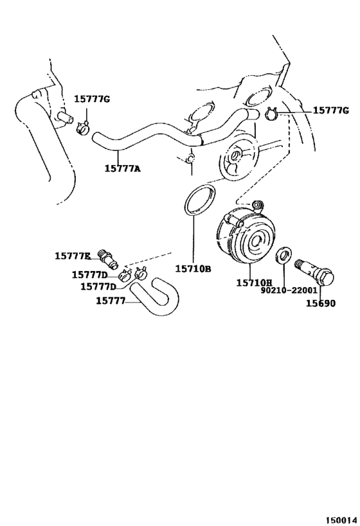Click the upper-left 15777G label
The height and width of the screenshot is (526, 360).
coord(92,99)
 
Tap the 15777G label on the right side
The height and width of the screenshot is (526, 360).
coord(332,111)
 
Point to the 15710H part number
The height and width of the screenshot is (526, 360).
coord(254,283)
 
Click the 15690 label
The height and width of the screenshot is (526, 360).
coord(320,304)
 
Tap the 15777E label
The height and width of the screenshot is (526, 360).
coord(73,256)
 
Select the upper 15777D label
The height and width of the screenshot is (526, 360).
coord(89,274)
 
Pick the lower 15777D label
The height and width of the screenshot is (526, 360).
coord(98,286)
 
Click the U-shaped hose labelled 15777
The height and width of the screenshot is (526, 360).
coord(154,294)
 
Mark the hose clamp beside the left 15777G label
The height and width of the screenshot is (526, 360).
coord(83,128)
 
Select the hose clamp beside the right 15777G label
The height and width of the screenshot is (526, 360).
coord(271,114)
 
